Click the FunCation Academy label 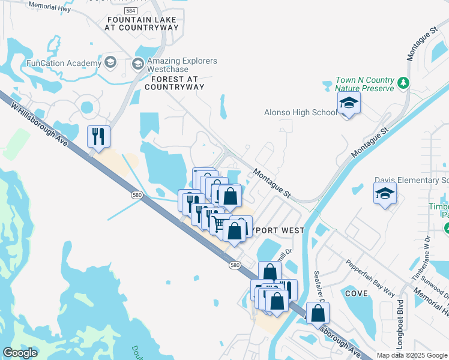64,64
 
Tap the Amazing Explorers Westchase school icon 138,64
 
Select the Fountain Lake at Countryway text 142,23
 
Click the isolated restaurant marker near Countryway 98,136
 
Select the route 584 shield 130,11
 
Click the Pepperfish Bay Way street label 371,278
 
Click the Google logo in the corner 19,353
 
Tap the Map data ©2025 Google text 411,355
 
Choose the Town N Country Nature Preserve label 365,84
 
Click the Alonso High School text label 300,112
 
